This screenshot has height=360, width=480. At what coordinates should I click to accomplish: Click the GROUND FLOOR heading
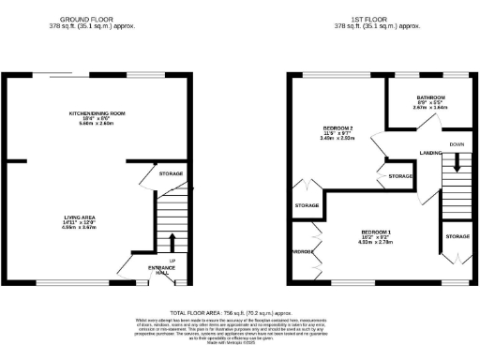coord(98,19)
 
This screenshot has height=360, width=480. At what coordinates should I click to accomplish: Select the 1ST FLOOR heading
coord(380,19)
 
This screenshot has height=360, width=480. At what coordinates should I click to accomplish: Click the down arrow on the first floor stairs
coord(457,161)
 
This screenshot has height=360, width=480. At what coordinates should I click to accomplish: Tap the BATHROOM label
coord(430,97)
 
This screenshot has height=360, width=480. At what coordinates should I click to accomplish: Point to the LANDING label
coord(431,151)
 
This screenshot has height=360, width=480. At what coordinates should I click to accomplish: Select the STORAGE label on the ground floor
coord(170,173)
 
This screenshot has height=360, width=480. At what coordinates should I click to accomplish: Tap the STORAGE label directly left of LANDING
coord(400,175)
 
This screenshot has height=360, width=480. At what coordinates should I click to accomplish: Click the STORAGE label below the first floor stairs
coord(457,236)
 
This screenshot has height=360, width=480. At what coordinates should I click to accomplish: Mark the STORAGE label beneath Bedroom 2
coord(307,205)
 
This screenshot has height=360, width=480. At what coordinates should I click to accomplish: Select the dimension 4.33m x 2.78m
coord(380,241)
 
